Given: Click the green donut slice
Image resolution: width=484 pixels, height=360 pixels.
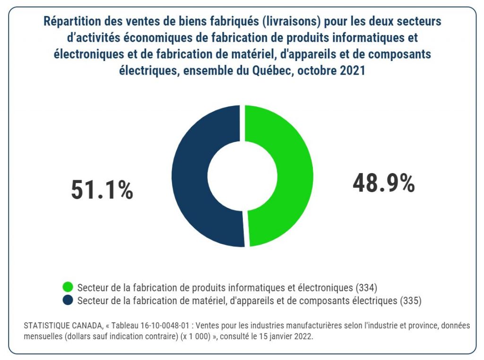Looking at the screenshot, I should [288, 175].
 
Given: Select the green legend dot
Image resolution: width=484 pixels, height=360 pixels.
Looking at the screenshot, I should [68, 287].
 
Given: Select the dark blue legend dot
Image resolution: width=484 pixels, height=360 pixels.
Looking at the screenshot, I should [68, 300].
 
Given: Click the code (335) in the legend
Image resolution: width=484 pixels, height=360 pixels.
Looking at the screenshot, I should [410, 300].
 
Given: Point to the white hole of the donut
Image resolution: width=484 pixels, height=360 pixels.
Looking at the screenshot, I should [242, 176].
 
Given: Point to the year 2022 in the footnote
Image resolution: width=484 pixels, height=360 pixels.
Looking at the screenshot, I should [303, 336].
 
